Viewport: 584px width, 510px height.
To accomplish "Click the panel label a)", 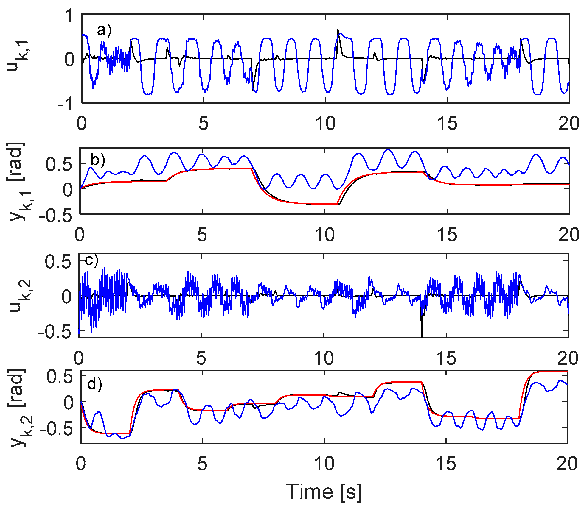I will pos(104,30).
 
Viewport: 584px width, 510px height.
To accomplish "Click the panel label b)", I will pos(98,160).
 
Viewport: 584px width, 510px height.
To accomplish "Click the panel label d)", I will pos(94,384).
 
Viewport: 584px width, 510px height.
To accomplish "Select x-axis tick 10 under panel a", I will pos(325,123).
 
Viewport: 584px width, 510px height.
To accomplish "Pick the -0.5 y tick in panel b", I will pos(56,216).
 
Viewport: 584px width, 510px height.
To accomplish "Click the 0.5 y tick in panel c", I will pos(58,262).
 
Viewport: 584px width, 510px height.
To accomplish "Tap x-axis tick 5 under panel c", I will pos(201,358).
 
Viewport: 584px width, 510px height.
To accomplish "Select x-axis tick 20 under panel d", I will pos(567,464).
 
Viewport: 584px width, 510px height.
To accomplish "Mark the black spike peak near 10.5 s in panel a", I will pos(338,30).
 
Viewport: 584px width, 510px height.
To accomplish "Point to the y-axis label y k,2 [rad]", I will pos(18,408).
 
